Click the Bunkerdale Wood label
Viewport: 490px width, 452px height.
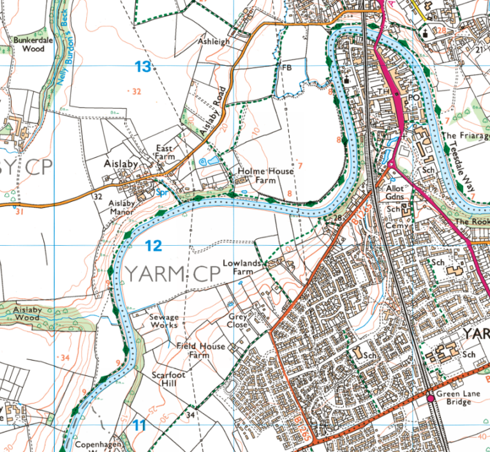[29, 43]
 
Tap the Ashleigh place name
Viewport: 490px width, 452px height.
[214, 41]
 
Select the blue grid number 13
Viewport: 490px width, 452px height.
[144, 66]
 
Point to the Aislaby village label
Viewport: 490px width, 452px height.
[121, 164]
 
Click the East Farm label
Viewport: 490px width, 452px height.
[165, 152]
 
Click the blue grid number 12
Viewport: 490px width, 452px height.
[153, 245]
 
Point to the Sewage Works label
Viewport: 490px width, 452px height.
[164, 320]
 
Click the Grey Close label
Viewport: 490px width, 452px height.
[237, 320]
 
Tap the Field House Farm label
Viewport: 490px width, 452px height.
[201, 350]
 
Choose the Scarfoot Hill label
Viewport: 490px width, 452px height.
[168, 379]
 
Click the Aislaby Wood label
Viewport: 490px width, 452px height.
[26, 313]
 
